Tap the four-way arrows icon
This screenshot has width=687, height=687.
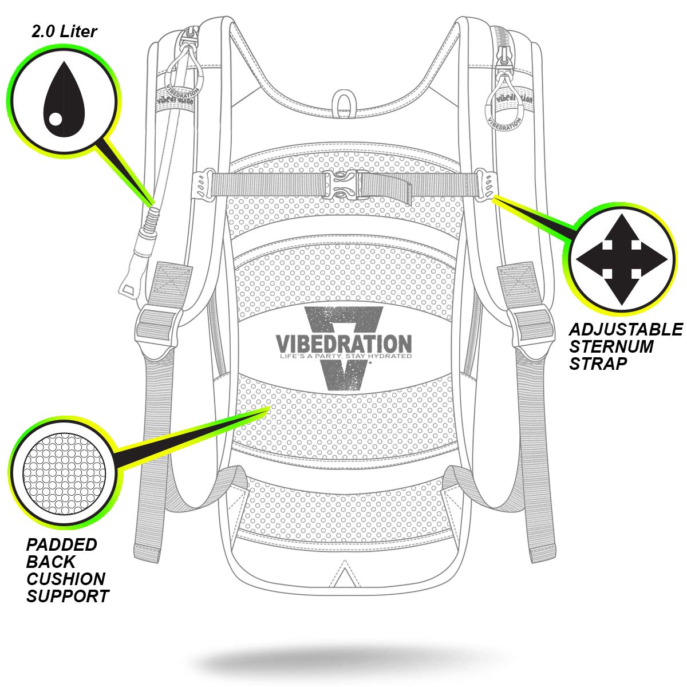[x=621, y=260]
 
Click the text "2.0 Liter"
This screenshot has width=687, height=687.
[x=64, y=31]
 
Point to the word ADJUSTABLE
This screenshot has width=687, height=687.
[x=625, y=329]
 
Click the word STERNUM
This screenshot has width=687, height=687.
[x=603, y=346]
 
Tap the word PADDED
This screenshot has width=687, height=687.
[x=62, y=544]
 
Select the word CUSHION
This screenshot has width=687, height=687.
[x=65, y=579]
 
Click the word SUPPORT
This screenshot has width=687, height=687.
[x=68, y=596]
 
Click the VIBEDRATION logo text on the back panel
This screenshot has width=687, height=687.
[x=343, y=343]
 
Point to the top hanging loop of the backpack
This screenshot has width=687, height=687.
[x=344, y=100]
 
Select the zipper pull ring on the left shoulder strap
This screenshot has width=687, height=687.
[x=183, y=69]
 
